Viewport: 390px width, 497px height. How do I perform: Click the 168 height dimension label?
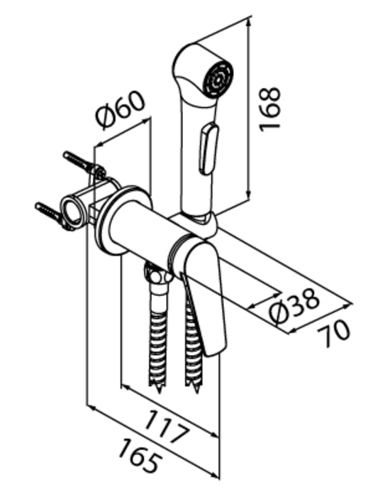coord(269,109)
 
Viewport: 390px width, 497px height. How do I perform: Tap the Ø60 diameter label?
coord(121,109)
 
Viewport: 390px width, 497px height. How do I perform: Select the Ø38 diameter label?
coord(294,306)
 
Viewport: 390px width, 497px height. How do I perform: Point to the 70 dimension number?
coord(334,332)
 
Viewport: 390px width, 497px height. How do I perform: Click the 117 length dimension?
coord(167,427)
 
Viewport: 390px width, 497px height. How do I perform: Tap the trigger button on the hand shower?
coord(208,149)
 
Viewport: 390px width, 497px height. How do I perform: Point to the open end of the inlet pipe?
coord(72,211)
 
